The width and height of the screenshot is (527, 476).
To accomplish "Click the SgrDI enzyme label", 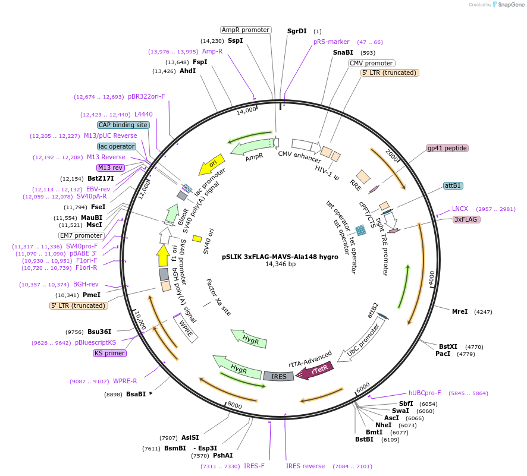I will [297, 31].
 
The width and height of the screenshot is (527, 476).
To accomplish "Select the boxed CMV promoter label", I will [371, 63].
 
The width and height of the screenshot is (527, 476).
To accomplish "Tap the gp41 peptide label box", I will [447, 148].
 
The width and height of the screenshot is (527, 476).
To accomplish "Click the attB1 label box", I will [453, 185].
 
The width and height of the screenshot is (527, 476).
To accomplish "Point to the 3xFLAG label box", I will [466, 219].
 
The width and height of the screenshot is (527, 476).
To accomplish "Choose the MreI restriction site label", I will [460, 311].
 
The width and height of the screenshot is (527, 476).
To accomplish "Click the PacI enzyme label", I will [443, 354].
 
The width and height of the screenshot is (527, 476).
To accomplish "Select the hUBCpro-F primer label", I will [425, 393].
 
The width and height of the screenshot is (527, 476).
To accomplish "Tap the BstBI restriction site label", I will [364, 440].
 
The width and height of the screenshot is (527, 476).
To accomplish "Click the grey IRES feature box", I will [279, 376].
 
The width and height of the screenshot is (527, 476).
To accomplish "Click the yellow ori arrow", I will [210, 161].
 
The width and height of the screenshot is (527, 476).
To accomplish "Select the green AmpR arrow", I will [249, 143].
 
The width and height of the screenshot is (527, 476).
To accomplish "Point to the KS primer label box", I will [109, 353].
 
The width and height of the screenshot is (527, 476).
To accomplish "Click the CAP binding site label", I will [123, 125].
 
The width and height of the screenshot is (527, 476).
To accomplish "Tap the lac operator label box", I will [117, 146].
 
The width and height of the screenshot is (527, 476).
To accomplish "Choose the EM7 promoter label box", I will [81, 235].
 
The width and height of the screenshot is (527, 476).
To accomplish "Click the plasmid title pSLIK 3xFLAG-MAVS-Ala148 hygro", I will [280, 257].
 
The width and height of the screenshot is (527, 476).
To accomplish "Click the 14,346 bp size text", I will [280, 264].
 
